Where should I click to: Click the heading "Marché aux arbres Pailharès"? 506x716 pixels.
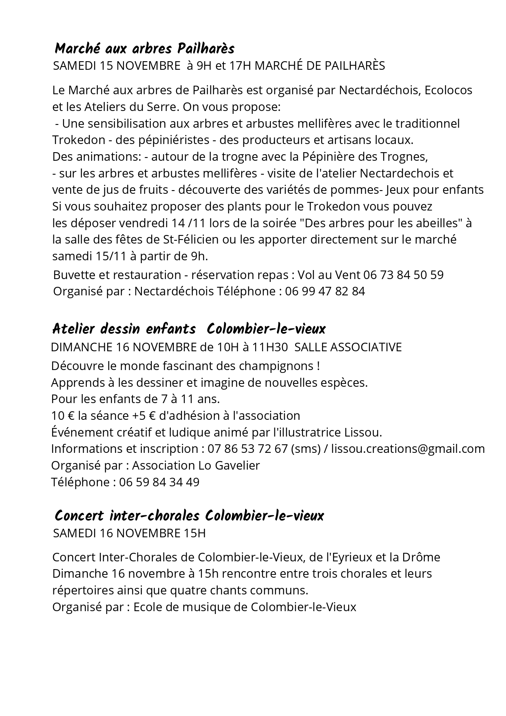(x=144, y=49)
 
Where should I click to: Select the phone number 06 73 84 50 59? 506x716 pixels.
(x=403, y=275)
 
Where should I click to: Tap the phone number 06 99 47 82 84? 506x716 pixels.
(x=325, y=291)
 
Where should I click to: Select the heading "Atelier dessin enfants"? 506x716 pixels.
(x=124, y=329)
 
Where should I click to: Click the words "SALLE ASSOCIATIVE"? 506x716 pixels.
(x=348, y=347)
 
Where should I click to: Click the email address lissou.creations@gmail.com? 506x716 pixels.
(x=408, y=449)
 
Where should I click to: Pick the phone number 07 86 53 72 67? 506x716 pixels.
(x=247, y=449)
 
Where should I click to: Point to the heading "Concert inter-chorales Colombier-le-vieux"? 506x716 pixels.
(x=189, y=516)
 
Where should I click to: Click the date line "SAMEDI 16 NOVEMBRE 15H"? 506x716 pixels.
(x=129, y=533)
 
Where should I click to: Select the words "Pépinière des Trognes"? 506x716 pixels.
(x=364, y=157)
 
